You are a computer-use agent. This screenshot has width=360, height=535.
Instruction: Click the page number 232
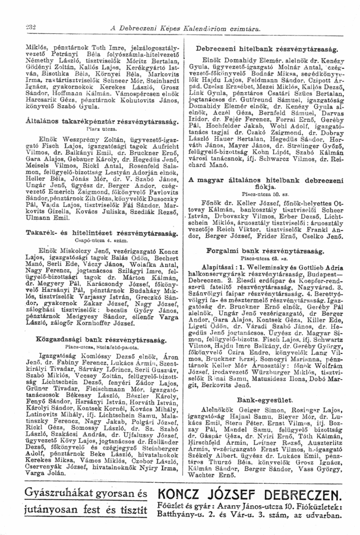tap(25, 15)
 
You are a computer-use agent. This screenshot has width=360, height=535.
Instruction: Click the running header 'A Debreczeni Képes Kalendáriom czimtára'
tap(182, 16)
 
